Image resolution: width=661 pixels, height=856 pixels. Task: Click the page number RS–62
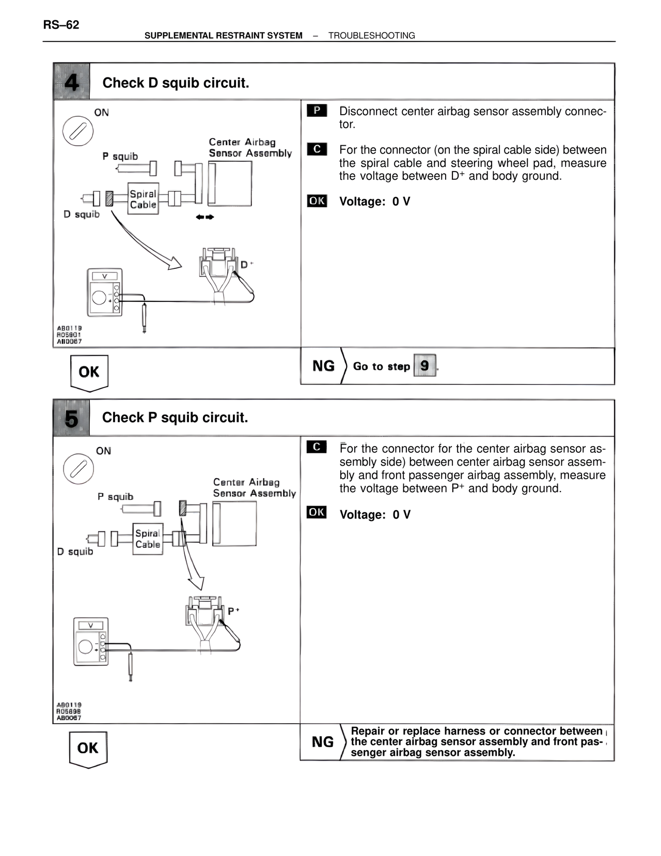click(x=61, y=25)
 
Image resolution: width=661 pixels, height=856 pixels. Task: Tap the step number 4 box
click(x=71, y=82)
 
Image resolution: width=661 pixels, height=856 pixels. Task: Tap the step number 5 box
click(x=71, y=418)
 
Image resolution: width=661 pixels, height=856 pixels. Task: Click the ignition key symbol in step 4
click(x=78, y=131)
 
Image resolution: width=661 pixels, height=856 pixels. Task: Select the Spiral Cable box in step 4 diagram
click(x=143, y=199)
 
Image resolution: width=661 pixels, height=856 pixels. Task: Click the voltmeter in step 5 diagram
click(x=91, y=641)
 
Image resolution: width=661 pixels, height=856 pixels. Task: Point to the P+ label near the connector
click(x=233, y=611)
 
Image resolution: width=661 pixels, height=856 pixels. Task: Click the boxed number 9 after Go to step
click(x=424, y=365)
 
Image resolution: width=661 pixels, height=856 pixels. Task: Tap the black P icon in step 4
click(x=317, y=110)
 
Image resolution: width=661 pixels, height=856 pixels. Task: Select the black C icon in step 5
click(x=317, y=447)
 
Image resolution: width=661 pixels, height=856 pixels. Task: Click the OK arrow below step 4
click(x=89, y=372)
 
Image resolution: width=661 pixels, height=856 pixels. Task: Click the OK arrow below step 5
click(x=88, y=748)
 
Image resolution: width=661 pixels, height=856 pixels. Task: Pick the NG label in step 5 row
click(x=323, y=742)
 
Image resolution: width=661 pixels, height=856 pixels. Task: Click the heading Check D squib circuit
click(x=176, y=83)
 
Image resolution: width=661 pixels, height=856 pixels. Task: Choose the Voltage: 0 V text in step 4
click(x=374, y=202)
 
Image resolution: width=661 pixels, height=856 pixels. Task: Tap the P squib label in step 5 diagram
click(x=115, y=497)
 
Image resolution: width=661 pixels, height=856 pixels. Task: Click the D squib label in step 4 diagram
click(x=81, y=214)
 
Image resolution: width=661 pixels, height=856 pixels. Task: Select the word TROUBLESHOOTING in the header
click(x=371, y=36)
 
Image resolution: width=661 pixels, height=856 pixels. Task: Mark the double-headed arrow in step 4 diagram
click(x=204, y=217)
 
